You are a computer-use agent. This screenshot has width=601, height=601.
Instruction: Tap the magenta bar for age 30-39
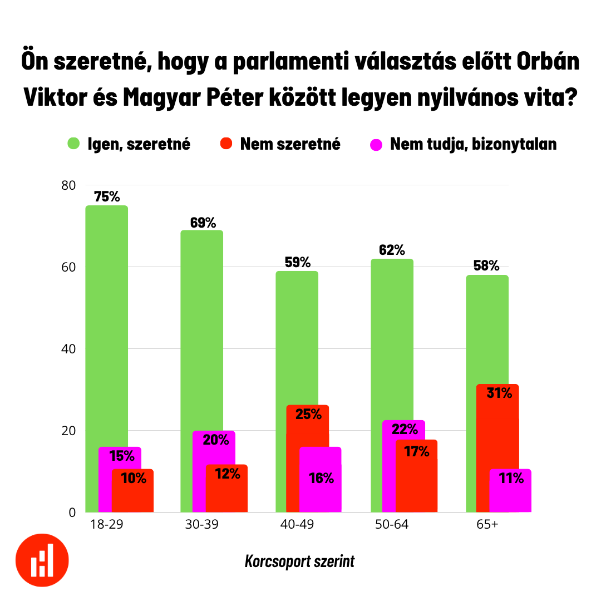point(214,448)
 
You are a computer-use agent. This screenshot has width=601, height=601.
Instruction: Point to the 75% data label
point(107,196)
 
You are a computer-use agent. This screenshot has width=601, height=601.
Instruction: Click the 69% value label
point(203,223)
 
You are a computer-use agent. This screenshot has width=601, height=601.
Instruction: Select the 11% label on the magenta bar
point(511,477)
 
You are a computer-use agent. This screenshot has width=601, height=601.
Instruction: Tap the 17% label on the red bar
point(417,451)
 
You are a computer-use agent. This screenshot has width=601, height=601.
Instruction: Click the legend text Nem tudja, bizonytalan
point(473,144)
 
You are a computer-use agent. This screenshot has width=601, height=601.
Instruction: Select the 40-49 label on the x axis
point(297,525)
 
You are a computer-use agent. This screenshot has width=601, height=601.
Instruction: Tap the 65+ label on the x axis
point(487,525)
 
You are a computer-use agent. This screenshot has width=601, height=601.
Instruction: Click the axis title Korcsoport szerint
point(299,561)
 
